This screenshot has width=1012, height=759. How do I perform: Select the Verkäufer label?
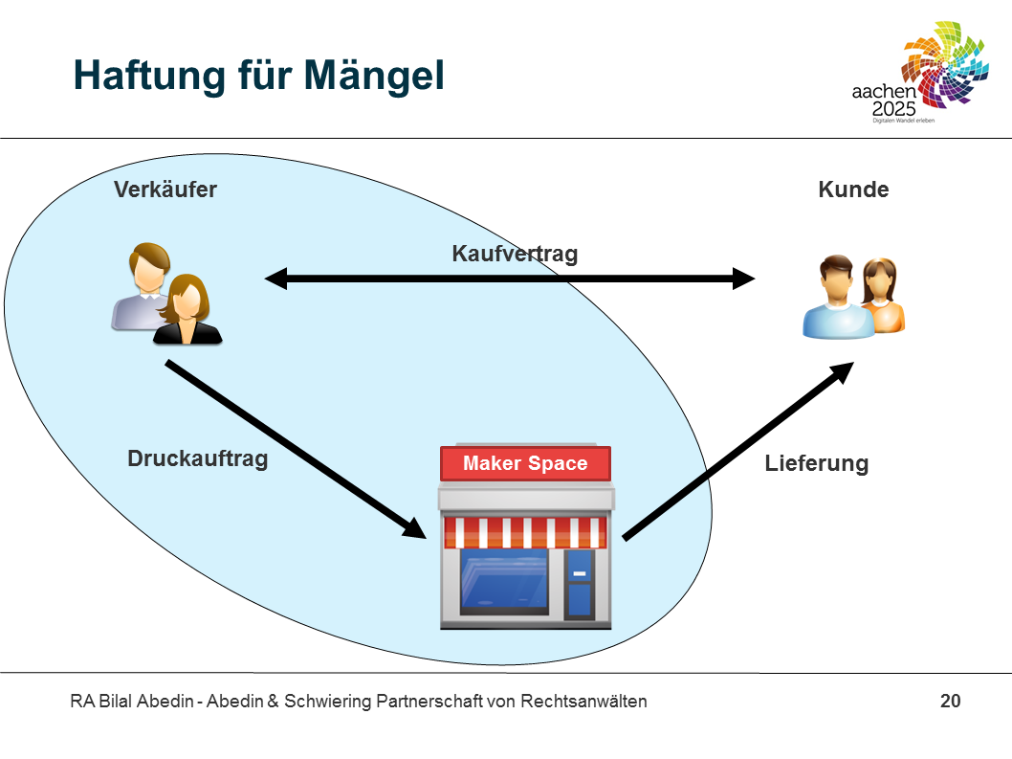tap(165, 190)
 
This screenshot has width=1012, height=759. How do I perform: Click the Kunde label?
tap(853, 190)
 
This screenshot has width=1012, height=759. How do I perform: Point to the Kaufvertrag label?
tap(515, 254)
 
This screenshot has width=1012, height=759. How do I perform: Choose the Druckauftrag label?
tap(197, 458)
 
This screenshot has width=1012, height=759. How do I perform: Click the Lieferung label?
tap(816, 464)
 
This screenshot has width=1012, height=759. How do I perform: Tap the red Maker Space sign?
tap(525, 464)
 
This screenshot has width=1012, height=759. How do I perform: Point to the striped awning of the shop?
tap(524, 532)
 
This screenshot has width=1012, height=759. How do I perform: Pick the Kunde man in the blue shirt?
tap(836, 299)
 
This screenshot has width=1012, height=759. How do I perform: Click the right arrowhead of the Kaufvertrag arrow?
tap(743, 279)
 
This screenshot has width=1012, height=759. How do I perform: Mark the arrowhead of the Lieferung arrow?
tap(842, 371)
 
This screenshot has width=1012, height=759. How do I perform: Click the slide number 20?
tap(950, 702)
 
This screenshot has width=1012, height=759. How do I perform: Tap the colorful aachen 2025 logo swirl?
tap(946, 67)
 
